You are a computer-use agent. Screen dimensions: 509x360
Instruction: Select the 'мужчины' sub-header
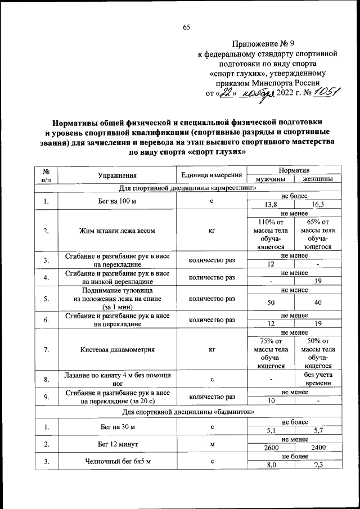tap(272, 179)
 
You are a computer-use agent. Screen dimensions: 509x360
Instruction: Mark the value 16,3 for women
tap(318, 205)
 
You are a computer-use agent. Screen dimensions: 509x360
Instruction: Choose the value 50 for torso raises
tap(272, 303)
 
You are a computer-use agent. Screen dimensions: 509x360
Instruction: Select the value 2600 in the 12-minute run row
tap(272, 448)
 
